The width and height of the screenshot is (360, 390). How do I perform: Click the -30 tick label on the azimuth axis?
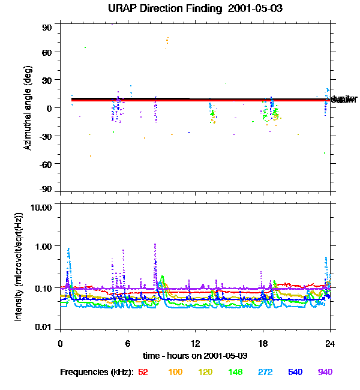click(x=46, y=136)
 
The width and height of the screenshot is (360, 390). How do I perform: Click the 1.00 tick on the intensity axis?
click(x=44, y=247)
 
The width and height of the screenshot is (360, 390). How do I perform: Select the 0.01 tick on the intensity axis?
click(x=44, y=328)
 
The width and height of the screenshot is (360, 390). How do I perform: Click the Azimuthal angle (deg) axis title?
click(x=28, y=108)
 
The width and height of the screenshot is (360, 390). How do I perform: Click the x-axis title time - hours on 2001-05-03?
click(x=195, y=356)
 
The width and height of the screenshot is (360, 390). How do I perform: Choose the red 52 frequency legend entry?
click(x=143, y=373)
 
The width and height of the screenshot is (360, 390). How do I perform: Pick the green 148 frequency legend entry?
click(x=235, y=373)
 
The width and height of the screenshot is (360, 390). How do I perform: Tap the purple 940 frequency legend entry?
click(x=325, y=373)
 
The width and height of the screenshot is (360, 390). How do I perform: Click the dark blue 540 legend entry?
click(x=295, y=373)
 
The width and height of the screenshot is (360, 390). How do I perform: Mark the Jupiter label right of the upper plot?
click(x=344, y=98)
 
